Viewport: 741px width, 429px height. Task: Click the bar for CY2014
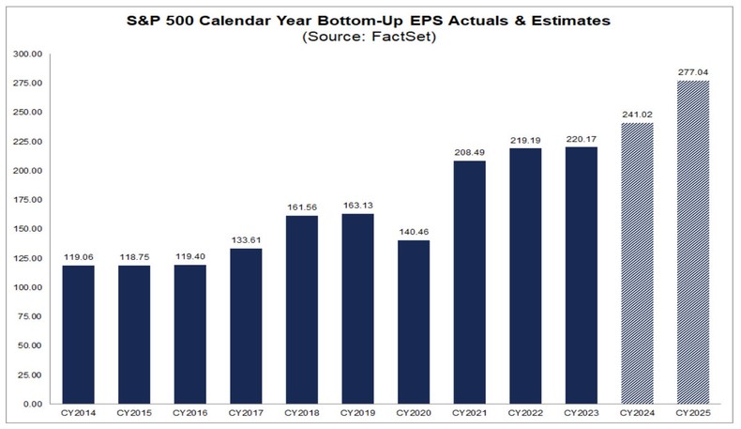point(78,334)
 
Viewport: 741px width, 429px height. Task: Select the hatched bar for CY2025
point(691,242)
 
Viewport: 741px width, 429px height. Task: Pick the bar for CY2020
point(413,322)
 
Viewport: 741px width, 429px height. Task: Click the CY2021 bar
point(469,282)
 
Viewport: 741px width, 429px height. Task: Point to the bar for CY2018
point(301,310)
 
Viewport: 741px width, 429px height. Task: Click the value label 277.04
point(691,71)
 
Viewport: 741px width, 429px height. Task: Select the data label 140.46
point(413,231)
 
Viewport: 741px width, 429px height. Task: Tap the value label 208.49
point(469,151)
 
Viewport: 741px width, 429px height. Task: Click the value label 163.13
point(357,204)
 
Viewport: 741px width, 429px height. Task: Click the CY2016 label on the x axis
point(189,413)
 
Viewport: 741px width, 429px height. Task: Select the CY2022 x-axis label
point(524,413)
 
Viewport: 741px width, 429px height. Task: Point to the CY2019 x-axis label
point(357,413)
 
